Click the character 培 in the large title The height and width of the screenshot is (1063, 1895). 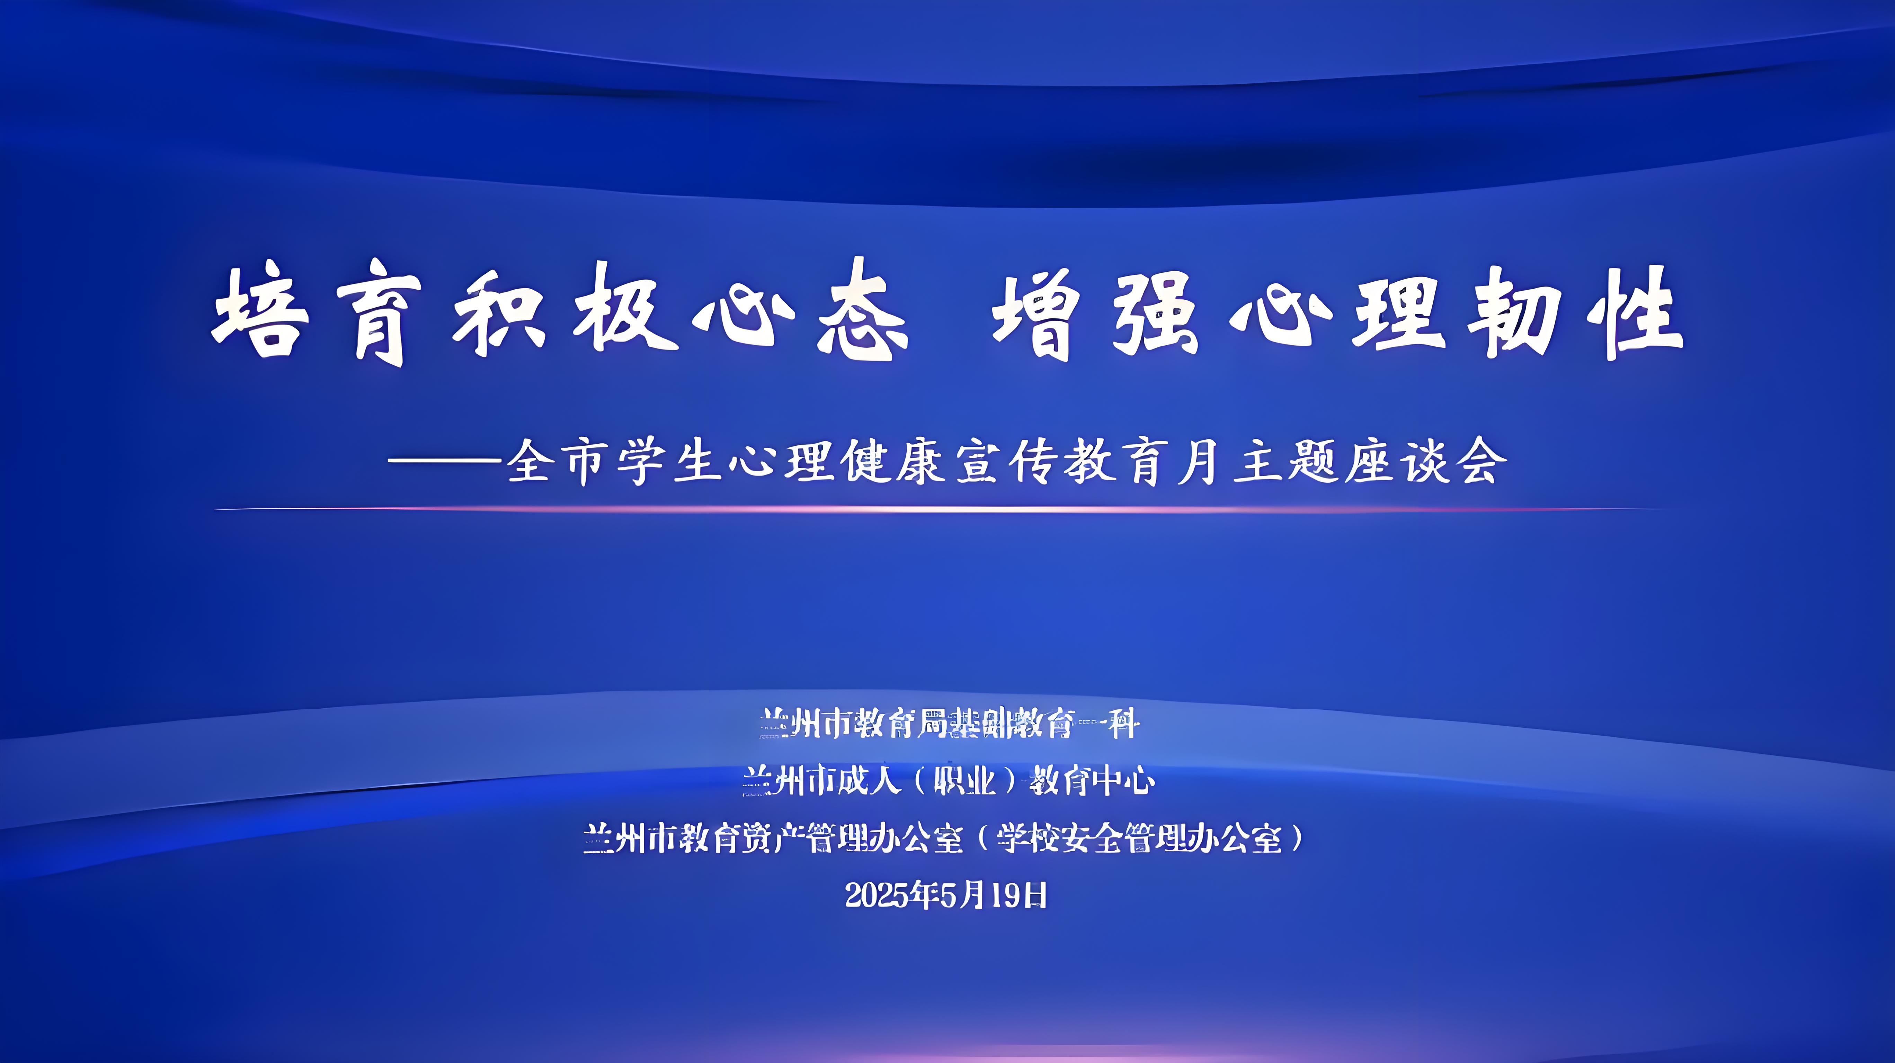click(261, 312)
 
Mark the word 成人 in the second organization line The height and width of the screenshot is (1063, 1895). click(870, 781)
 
